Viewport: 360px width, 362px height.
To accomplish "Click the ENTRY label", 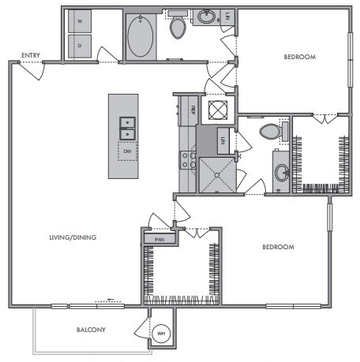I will (31, 55).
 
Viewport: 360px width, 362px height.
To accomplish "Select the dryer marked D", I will (79, 45).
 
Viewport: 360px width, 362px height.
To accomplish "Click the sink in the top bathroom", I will (207, 16).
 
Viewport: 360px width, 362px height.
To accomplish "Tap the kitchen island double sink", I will (126, 124).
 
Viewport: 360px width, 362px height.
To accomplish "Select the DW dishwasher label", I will (126, 149).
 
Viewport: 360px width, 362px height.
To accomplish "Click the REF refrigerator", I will (189, 110).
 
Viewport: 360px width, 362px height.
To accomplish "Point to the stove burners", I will (189, 161).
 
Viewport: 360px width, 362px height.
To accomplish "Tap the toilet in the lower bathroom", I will (269, 130).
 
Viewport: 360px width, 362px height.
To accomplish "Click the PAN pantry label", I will (159, 238).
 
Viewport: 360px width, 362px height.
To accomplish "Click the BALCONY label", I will (92, 330).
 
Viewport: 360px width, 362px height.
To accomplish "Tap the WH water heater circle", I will (162, 335).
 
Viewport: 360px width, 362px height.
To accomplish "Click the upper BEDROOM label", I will (300, 58).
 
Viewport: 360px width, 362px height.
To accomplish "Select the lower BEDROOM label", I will (278, 247).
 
